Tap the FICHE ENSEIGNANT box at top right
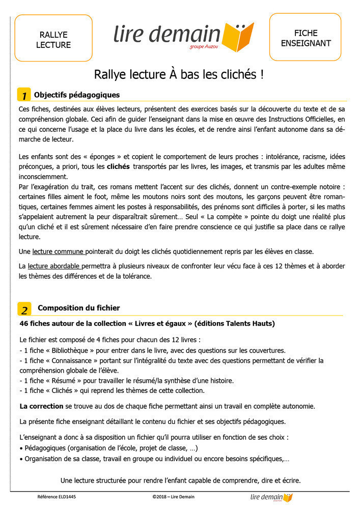click(x=305, y=38)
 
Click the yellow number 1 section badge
click(x=24, y=96)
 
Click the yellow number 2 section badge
click(x=24, y=309)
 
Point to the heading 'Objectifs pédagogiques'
click(x=77, y=95)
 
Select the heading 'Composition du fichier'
click(x=79, y=308)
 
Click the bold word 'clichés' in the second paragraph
click(x=118, y=166)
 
